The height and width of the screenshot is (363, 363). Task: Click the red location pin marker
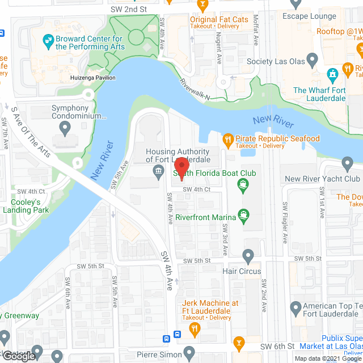(x=181, y=164)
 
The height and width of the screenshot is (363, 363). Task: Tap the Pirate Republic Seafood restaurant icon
(x=227, y=139)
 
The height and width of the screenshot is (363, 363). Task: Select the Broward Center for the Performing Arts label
(x=90, y=43)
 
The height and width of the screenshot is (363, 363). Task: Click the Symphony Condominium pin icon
(x=65, y=129)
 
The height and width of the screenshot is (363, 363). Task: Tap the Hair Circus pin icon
(x=248, y=256)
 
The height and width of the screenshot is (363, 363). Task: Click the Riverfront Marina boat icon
(x=244, y=215)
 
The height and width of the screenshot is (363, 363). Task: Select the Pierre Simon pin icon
(x=189, y=352)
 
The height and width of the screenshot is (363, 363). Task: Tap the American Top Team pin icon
(x=295, y=309)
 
